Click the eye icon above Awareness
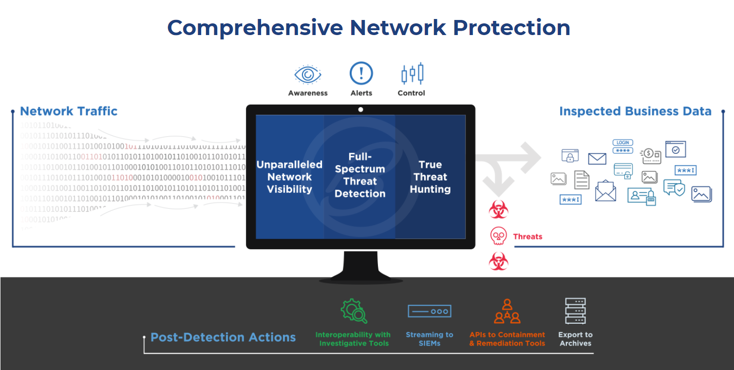(x=308, y=74)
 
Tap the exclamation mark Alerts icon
(x=361, y=74)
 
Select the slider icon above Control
(x=412, y=74)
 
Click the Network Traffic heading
(x=69, y=111)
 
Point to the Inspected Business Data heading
(x=635, y=111)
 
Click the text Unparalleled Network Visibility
(x=290, y=177)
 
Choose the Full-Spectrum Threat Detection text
(x=360, y=175)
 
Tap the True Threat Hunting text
(x=430, y=177)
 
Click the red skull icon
(x=498, y=236)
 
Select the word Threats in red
(x=527, y=237)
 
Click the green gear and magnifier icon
(x=354, y=311)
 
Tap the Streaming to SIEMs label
(x=429, y=339)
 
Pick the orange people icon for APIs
(x=507, y=312)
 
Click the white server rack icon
(x=575, y=311)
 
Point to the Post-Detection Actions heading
(x=223, y=337)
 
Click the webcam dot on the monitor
(x=360, y=110)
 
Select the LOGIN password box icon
(x=622, y=147)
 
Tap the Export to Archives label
(x=575, y=339)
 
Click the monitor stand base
(x=361, y=279)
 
